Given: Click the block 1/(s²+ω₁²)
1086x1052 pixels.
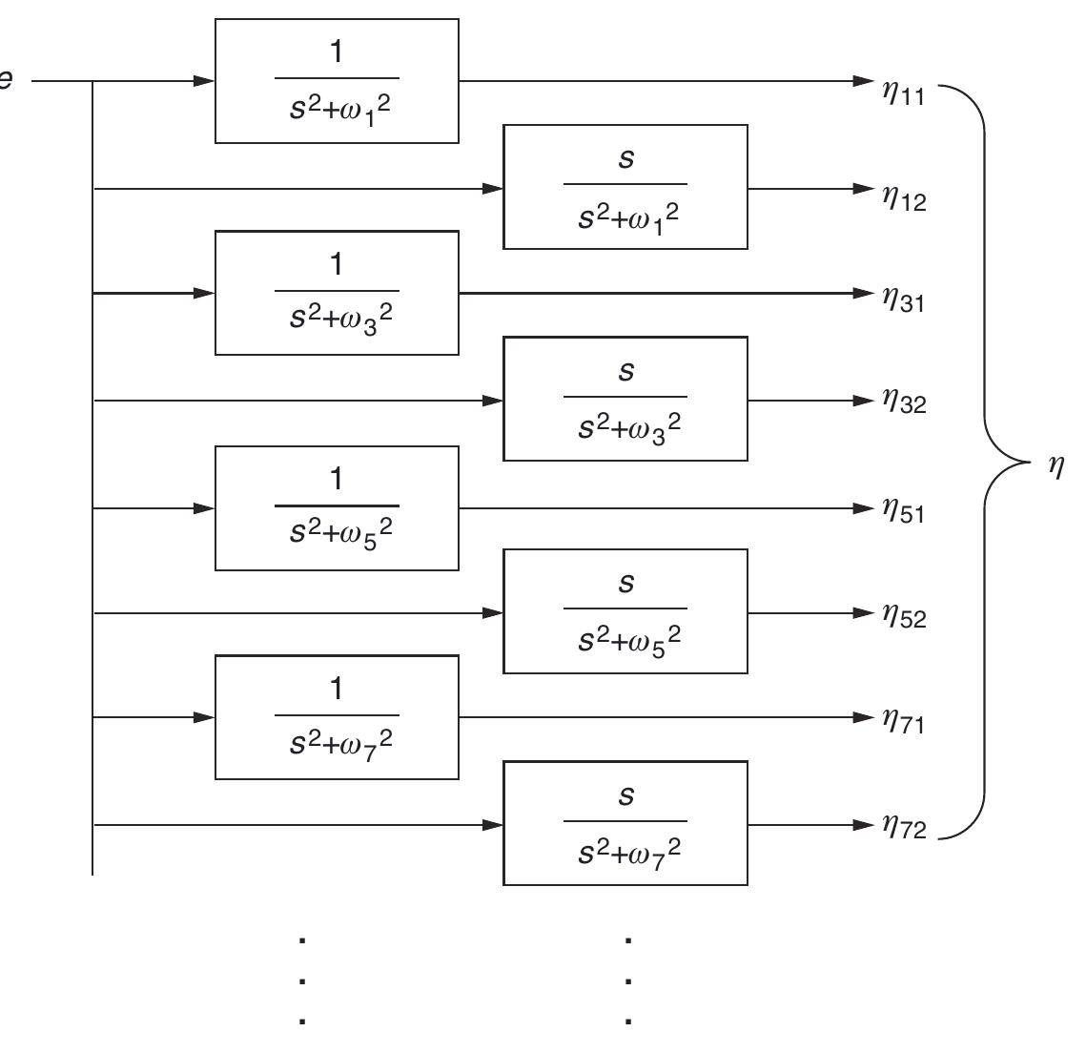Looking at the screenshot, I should click(337, 81).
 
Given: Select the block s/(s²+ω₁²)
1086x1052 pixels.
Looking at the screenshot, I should click(625, 187).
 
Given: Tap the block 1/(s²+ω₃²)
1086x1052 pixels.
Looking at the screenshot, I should click(337, 293).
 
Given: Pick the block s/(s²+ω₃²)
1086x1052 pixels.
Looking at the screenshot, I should click(625, 399).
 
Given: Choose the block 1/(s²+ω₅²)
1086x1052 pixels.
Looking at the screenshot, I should click(337, 507).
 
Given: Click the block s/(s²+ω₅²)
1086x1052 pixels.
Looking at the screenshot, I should click(625, 611).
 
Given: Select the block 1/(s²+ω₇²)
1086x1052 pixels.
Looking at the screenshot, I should click(337, 717).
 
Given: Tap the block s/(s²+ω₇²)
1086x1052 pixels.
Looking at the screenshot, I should click(625, 823).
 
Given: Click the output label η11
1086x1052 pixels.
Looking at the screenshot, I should click(903, 93).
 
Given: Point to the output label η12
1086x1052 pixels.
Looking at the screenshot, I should click(903, 198).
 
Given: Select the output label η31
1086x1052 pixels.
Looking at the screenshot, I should click(903, 300).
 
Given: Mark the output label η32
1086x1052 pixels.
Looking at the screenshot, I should click(903, 403).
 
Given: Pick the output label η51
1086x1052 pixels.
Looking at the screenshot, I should click(903, 512).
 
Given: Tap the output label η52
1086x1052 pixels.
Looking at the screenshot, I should click(903, 616).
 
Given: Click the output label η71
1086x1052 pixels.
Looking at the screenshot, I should click(903, 722).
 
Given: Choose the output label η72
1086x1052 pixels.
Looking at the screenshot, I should click(903, 827).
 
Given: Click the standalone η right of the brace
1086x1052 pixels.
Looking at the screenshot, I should click(1055, 467).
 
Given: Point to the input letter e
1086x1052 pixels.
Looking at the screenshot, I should click(6, 80).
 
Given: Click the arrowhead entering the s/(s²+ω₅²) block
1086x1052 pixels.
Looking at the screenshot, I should click(493, 612).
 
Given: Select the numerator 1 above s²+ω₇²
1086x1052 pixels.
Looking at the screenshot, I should click(336, 689).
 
